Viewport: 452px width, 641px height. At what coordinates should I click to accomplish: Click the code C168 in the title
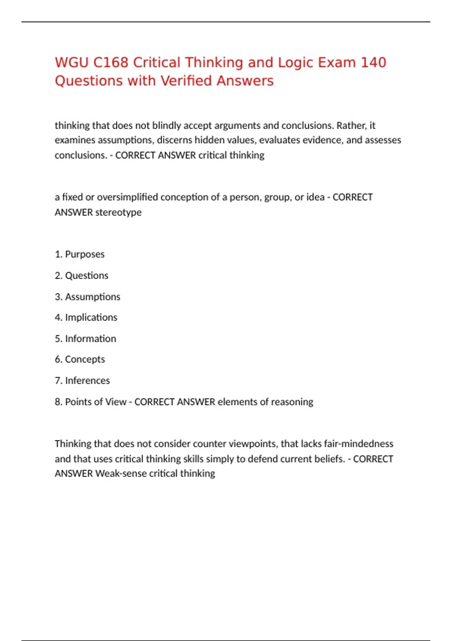click(x=111, y=63)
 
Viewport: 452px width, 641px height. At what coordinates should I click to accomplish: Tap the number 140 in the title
click(x=373, y=63)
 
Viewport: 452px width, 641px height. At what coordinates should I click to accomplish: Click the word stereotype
click(x=118, y=212)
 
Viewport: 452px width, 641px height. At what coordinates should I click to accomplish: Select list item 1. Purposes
click(x=79, y=254)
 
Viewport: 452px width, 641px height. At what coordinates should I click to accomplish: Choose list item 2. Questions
click(x=81, y=276)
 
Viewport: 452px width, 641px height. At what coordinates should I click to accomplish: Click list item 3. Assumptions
click(x=87, y=297)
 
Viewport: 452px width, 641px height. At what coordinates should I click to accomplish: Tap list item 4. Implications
click(x=86, y=317)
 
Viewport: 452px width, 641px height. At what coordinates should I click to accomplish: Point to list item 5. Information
click(x=85, y=339)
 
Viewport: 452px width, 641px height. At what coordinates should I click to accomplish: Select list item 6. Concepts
click(x=80, y=359)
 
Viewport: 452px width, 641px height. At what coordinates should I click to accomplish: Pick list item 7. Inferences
click(x=82, y=380)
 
